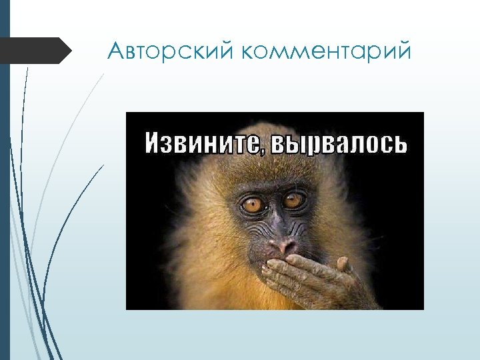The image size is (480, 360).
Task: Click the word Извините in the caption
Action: (201, 141)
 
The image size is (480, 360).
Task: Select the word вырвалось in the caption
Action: (337, 142)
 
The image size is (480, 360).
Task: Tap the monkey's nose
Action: (279, 243)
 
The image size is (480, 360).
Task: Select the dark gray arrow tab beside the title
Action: (37, 51)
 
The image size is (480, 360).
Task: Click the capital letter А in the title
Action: (116, 51)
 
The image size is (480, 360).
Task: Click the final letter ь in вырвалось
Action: (399, 142)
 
